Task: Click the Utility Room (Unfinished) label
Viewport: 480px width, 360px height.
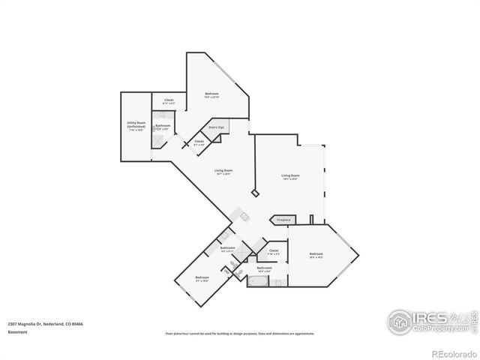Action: (135, 124)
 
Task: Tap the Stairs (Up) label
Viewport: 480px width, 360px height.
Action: (216, 128)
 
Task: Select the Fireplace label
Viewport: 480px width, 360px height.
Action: (283, 220)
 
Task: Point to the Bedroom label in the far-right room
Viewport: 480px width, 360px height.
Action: (316, 255)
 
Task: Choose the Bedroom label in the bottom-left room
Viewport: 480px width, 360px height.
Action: (202, 278)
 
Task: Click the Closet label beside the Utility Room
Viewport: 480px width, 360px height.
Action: (169, 101)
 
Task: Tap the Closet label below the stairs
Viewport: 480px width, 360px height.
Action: (199, 142)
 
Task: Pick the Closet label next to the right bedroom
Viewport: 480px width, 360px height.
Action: (274, 251)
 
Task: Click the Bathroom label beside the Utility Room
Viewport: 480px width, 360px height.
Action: (163, 126)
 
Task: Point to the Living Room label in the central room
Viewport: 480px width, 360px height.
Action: (224, 171)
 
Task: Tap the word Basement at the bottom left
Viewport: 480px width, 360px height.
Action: (18, 331)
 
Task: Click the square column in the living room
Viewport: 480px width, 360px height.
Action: (255, 193)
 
